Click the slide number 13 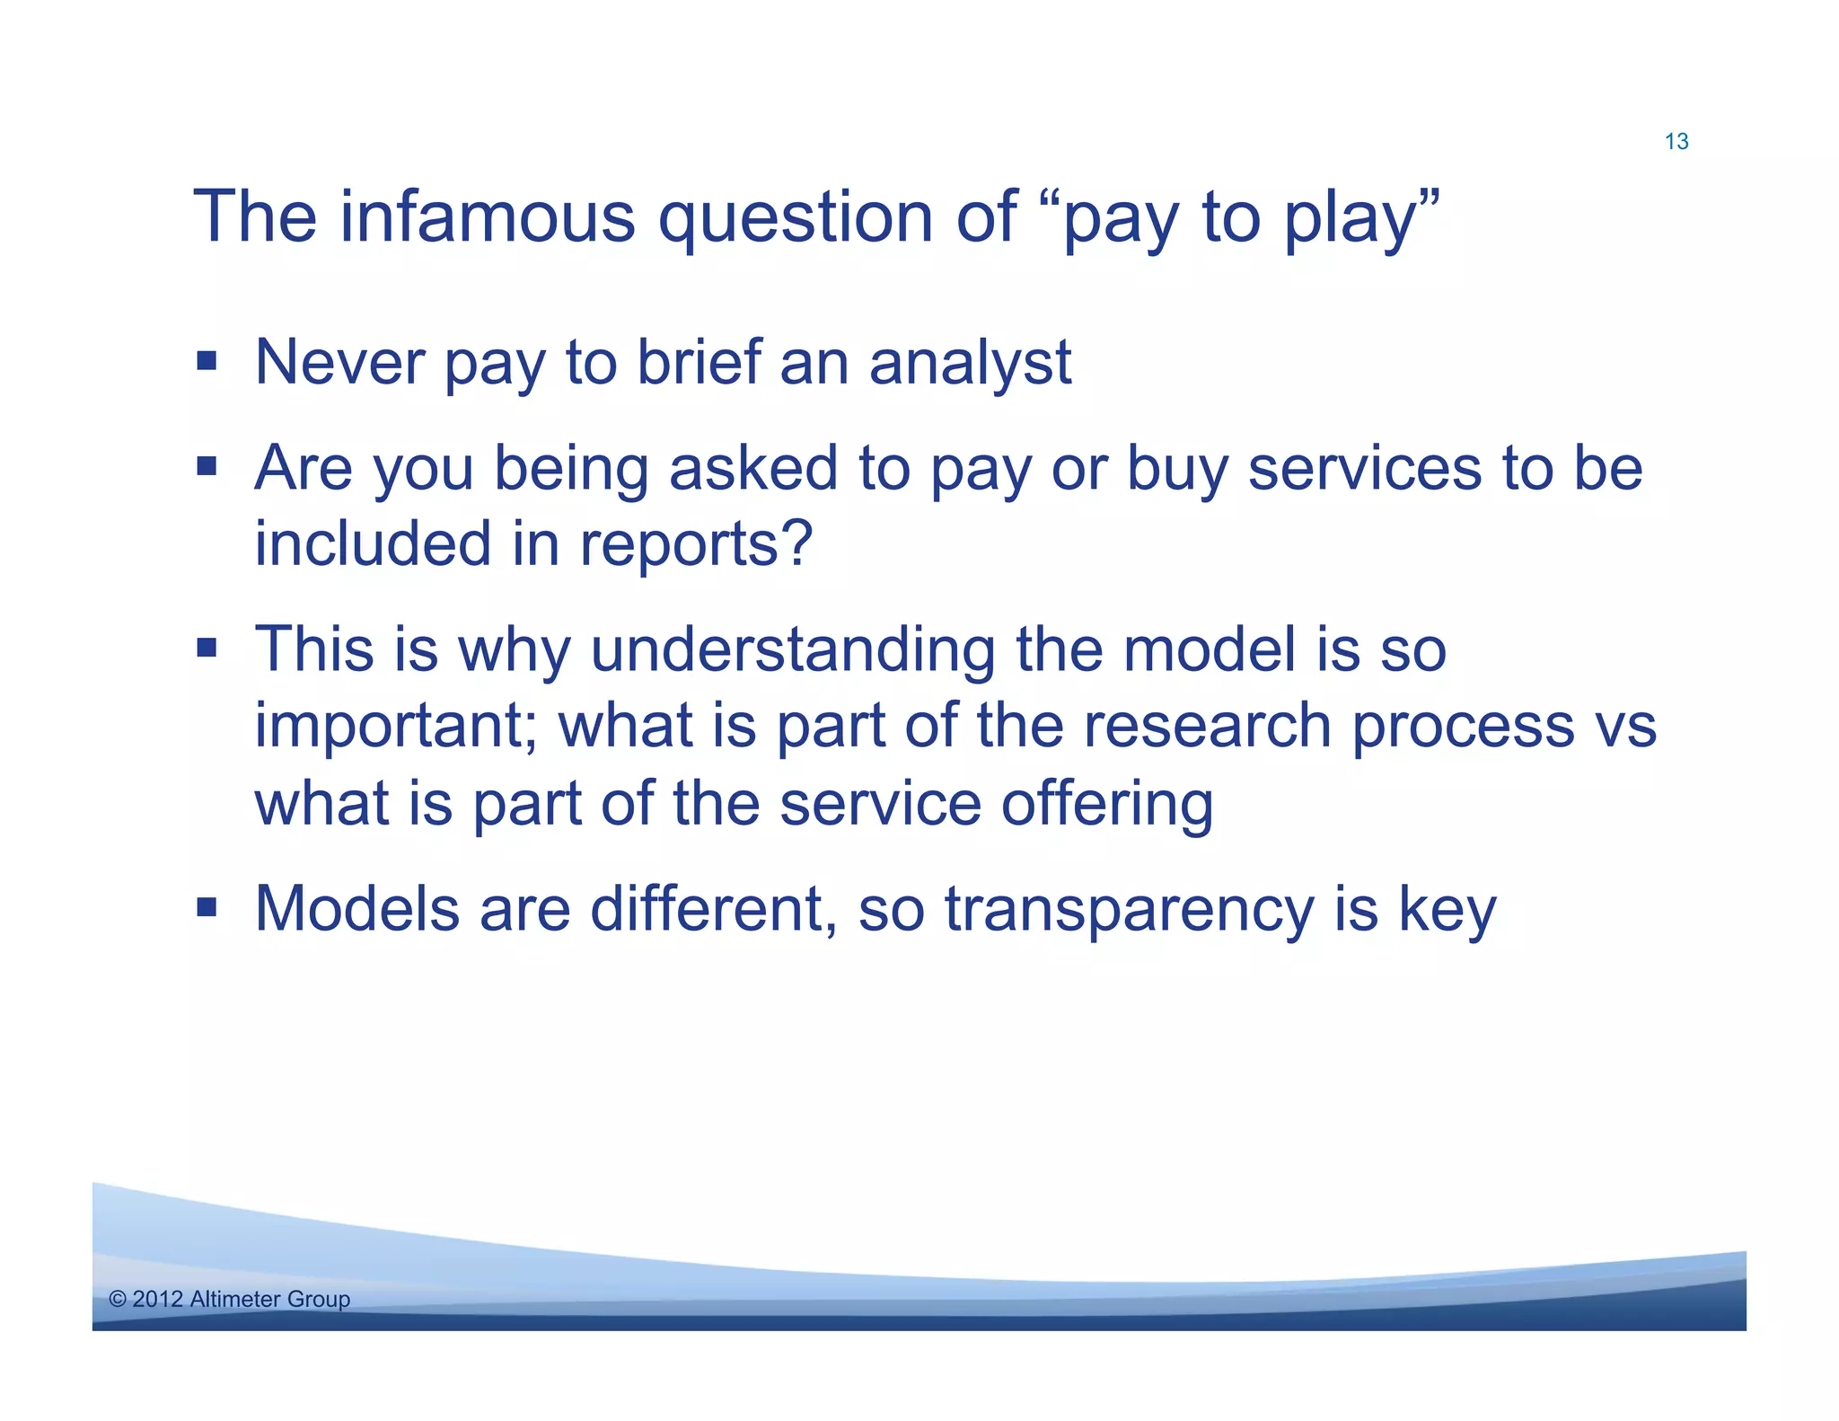point(1676,141)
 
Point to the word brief point(699,362)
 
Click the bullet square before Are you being point(207,466)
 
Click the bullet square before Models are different point(207,907)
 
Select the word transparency point(1130,911)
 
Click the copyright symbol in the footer point(118,1299)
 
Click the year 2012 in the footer point(158,1299)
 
